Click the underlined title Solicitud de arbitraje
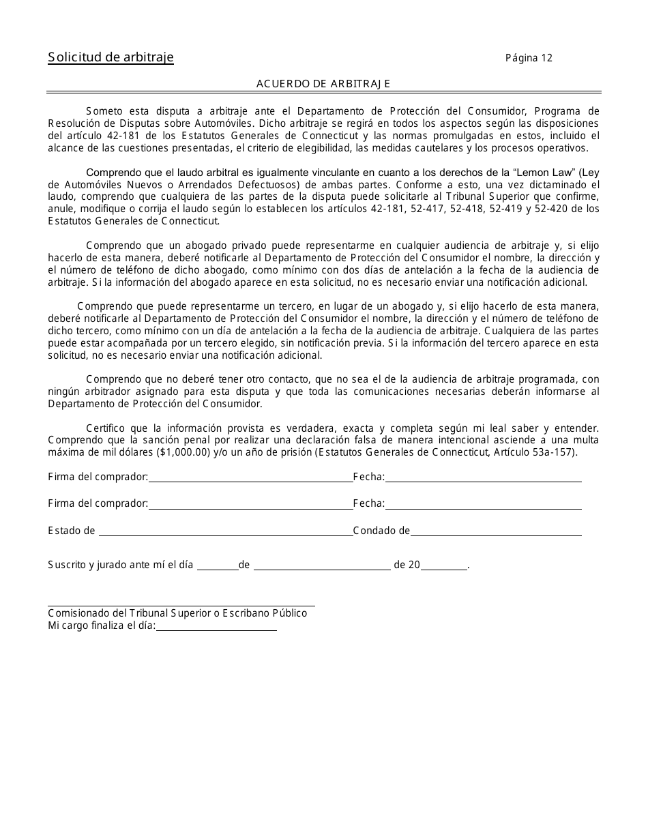coord(111,57)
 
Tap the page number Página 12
coord(529,58)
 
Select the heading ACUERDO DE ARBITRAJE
coord(323,83)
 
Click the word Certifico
coord(106,428)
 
